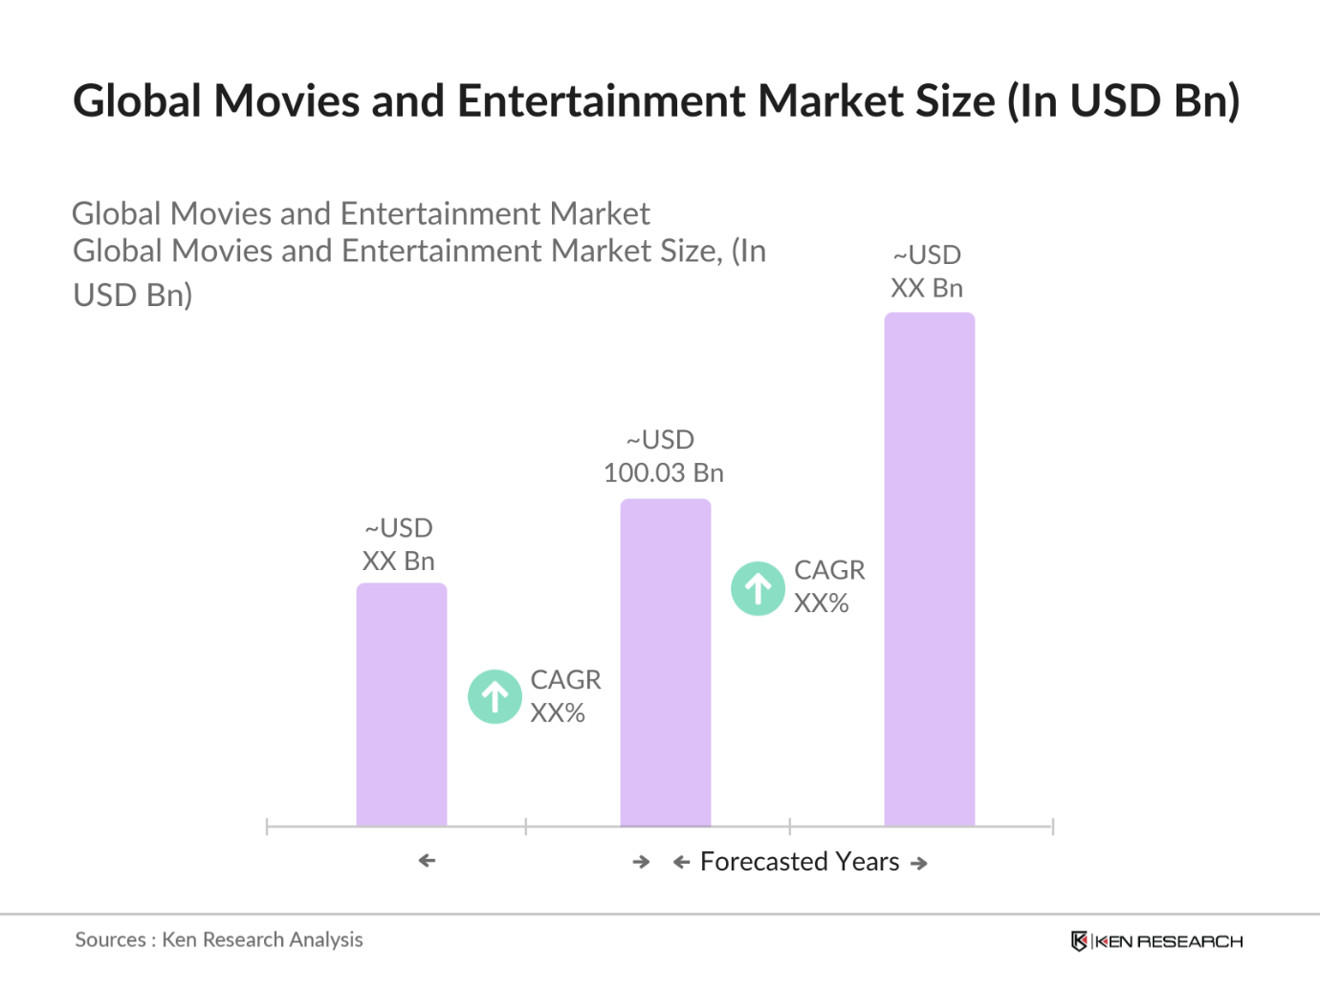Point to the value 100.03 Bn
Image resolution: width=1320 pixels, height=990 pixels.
[x=664, y=473]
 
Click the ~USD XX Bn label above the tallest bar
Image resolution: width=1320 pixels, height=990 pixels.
[x=927, y=272]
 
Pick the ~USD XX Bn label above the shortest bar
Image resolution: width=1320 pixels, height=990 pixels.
[x=399, y=544]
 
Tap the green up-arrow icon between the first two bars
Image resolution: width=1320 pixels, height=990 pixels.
[x=495, y=696]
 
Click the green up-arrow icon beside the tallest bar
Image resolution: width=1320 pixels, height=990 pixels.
[x=758, y=588]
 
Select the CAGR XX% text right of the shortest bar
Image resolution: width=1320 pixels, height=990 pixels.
[x=565, y=696]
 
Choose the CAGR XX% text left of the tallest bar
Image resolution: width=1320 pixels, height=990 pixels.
[x=828, y=586]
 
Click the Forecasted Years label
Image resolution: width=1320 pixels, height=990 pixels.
[x=800, y=862]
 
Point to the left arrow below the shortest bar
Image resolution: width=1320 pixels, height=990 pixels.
[x=428, y=861]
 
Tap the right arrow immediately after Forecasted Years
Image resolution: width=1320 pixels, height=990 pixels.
[x=919, y=864]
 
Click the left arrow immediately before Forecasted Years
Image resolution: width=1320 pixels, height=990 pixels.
[x=682, y=863]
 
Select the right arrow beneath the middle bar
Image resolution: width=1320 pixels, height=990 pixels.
[x=641, y=863]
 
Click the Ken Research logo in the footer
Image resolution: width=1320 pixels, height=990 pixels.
[x=1156, y=941]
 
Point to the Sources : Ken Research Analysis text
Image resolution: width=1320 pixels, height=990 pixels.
[x=219, y=940]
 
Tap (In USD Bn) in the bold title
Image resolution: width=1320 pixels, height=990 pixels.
[x=1123, y=101]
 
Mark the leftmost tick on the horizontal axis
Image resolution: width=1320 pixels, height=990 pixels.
[x=267, y=826]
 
